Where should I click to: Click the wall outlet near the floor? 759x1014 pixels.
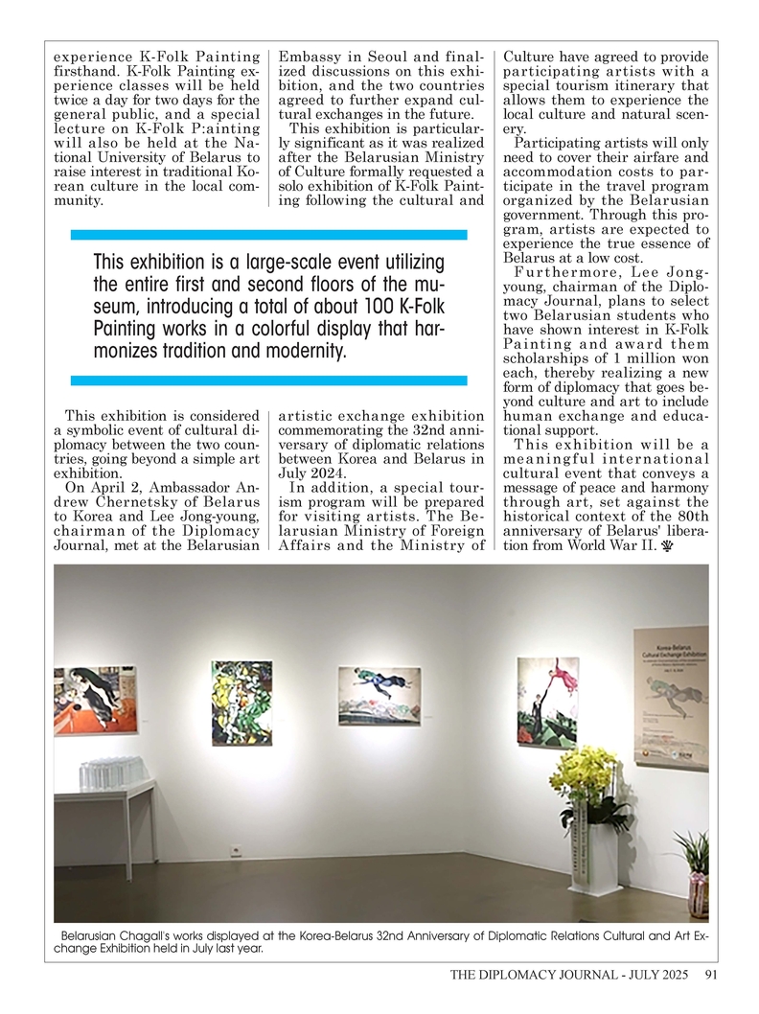coord(233,848)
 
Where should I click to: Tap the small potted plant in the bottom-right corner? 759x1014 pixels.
coord(696,878)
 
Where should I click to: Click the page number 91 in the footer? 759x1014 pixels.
coord(710,977)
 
